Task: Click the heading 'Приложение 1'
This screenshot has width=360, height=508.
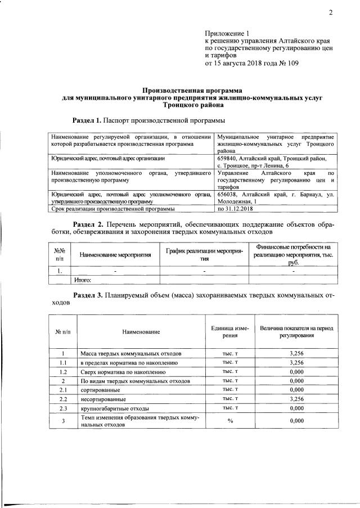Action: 226,34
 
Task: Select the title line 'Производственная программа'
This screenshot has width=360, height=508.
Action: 191,89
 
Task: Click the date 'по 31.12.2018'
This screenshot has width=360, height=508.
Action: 237,209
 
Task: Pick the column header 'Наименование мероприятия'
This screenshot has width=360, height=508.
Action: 115,255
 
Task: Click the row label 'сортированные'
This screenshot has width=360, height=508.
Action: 100,389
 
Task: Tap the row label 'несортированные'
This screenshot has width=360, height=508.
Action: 103,398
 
